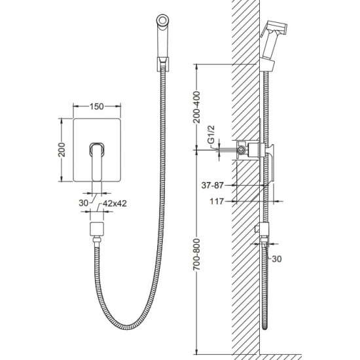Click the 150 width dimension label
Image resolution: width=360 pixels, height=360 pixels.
[x=97, y=106]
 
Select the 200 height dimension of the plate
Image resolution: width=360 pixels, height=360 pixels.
[x=62, y=150]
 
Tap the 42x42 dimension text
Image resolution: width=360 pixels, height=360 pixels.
[x=115, y=204]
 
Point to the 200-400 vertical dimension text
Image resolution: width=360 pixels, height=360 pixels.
[x=197, y=107]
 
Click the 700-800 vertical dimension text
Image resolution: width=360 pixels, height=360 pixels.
[x=197, y=254]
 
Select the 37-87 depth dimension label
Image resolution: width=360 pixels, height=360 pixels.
[x=212, y=185]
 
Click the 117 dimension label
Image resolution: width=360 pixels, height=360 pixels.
[x=217, y=202]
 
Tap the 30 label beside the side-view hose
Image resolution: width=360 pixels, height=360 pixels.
[x=277, y=259]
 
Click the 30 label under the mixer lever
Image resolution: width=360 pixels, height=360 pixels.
[x=84, y=203]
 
